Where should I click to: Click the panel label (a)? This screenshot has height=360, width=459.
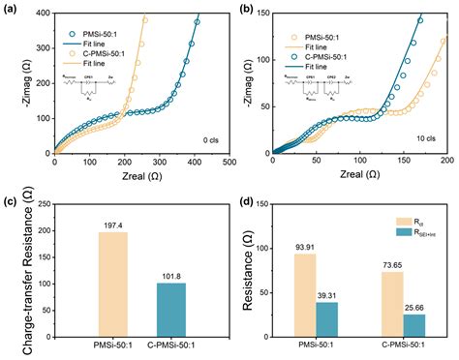[10, 9]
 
